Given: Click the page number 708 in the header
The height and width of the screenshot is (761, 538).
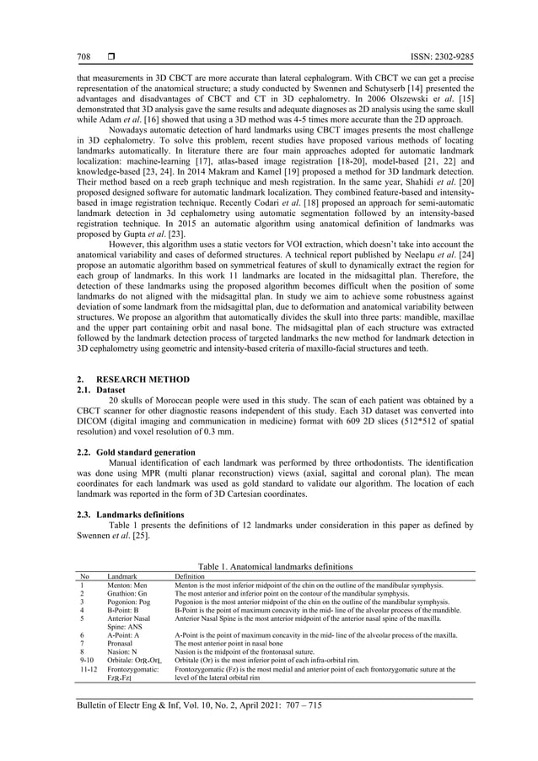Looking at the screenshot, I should pos(83,57).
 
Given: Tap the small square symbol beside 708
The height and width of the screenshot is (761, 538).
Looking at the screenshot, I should pos(110,57).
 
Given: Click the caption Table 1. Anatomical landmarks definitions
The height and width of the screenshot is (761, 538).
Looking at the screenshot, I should pos(269,566).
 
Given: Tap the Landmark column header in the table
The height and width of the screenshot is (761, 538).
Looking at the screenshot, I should pos(121,575).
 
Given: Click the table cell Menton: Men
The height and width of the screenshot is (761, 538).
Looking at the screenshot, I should pos(126,585).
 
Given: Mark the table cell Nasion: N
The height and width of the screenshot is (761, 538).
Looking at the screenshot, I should pos(122,652).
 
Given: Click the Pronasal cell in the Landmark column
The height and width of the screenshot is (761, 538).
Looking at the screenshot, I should pos(121,644).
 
